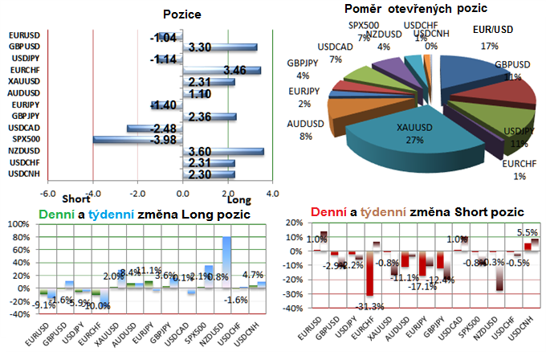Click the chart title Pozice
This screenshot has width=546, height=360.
point(181,15)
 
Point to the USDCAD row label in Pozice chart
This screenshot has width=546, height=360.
point(23,128)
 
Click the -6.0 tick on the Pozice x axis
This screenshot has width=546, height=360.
point(47,192)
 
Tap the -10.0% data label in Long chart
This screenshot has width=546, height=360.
point(98,305)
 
